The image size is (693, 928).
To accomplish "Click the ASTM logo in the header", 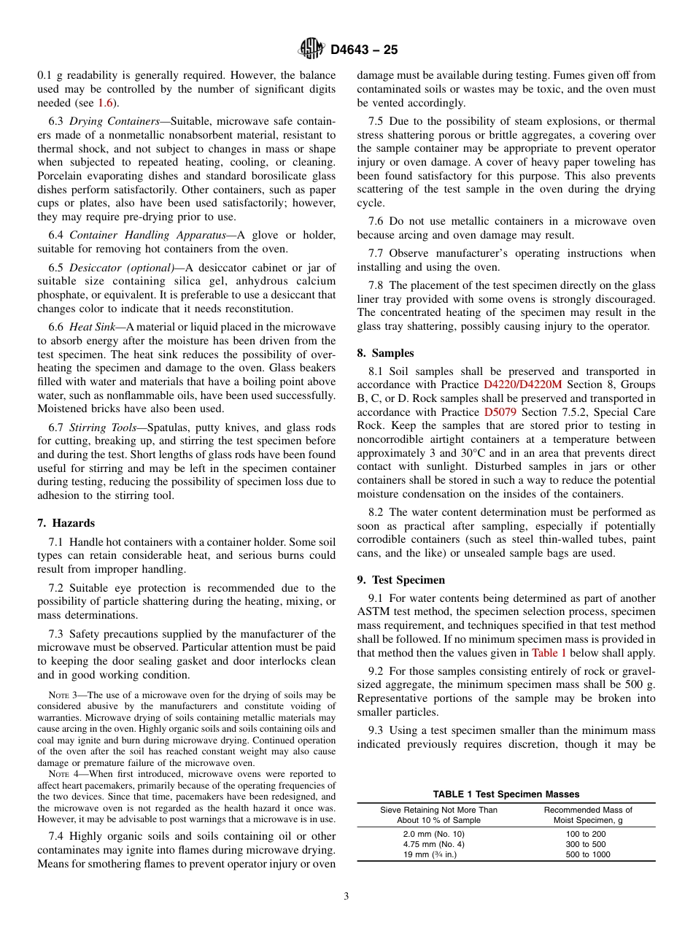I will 311,49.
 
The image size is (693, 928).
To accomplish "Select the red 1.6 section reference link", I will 106,103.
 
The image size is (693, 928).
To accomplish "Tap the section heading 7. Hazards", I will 66,523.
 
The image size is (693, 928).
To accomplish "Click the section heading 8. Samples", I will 385,352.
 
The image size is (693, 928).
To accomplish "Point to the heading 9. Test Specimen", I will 400,580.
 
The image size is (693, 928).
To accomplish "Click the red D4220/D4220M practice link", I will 522,384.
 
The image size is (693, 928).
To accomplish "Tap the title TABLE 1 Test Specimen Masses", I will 506,794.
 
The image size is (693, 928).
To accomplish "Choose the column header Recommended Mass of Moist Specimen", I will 588,815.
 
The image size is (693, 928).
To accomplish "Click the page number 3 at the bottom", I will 346,897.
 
